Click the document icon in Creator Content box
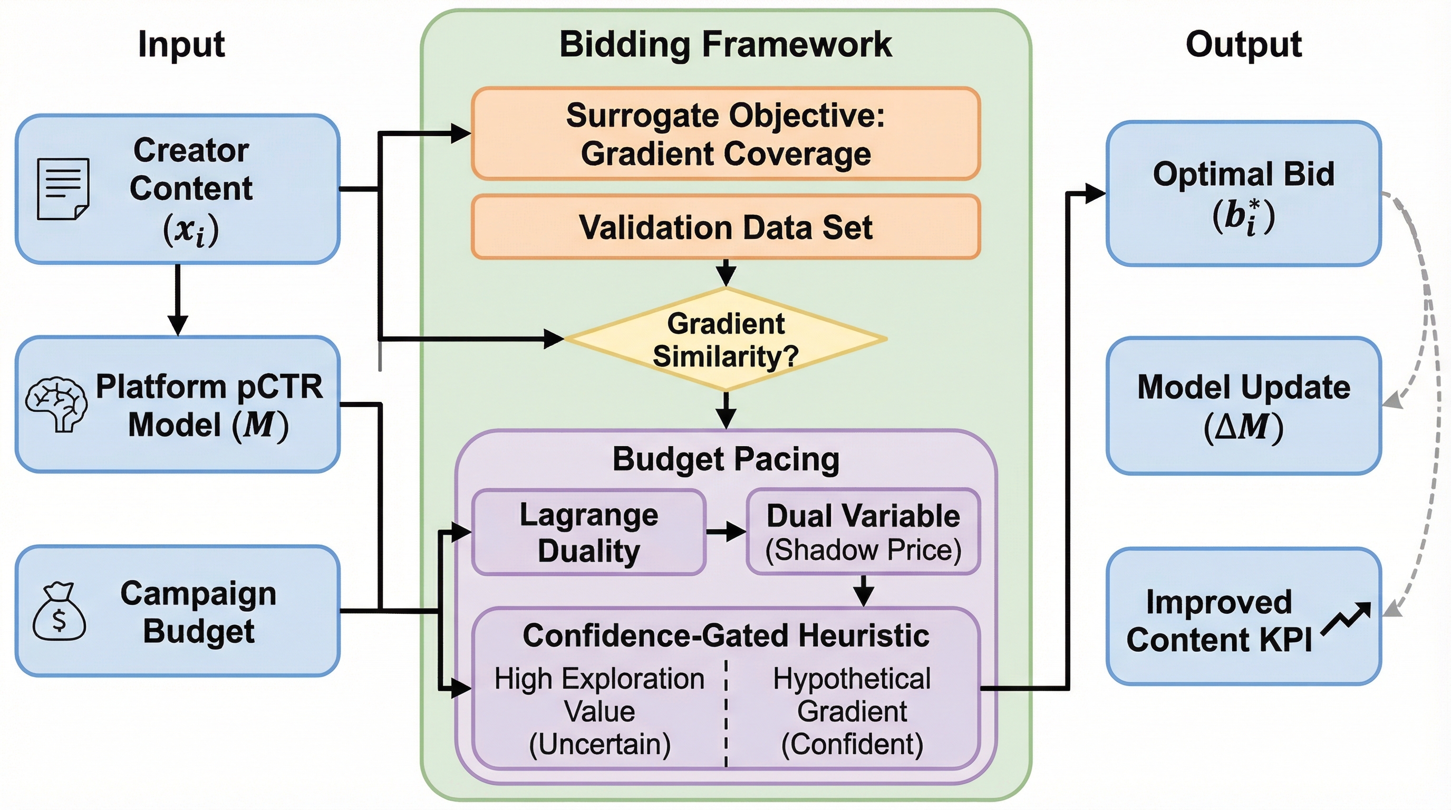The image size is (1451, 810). click(x=63, y=189)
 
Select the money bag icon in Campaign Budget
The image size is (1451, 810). click(x=59, y=612)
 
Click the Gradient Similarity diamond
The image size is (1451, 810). click(x=725, y=340)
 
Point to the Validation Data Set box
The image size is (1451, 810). click(x=725, y=227)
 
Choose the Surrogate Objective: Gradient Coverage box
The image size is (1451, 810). click(x=725, y=134)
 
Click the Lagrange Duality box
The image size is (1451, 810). click(x=588, y=532)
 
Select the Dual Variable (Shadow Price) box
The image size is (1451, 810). click(x=863, y=532)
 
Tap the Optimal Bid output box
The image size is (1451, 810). click(x=1243, y=194)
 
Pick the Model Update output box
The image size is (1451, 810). click(x=1243, y=406)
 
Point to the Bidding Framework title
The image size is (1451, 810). click(x=725, y=44)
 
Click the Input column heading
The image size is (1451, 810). click(x=181, y=44)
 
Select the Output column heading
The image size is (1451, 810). click(x=1243, y=44)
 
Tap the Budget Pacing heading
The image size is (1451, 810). click(x=725, y=459)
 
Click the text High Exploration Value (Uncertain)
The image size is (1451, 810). click(x=599, y=711)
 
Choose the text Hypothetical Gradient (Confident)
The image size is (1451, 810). click(x=852, y=711)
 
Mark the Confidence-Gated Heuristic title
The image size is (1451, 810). click(x=725, y=636)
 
